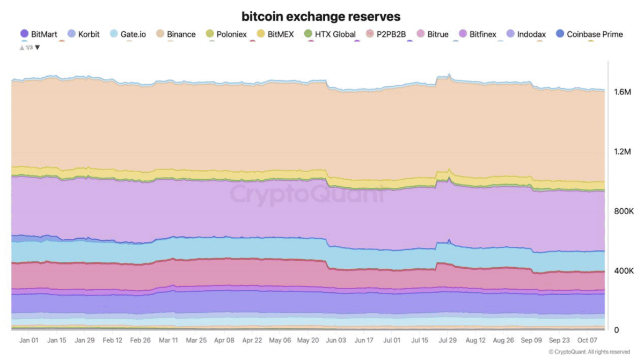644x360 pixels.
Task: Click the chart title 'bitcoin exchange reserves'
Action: tap(321, 16)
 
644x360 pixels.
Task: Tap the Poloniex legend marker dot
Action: tap(210, 34)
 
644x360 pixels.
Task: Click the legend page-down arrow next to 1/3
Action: tap(38, 47)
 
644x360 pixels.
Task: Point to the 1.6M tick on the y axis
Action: tap(623, 92)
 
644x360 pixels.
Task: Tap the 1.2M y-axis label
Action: tap(623, 152)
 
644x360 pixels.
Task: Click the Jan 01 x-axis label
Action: tap(28, 340)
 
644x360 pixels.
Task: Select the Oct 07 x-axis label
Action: tap(588, 340)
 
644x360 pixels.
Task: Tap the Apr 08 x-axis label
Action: tap(224, 340)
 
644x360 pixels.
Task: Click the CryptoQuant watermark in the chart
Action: tap(307, 194)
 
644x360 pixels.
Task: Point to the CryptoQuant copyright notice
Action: tap(589, 352)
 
